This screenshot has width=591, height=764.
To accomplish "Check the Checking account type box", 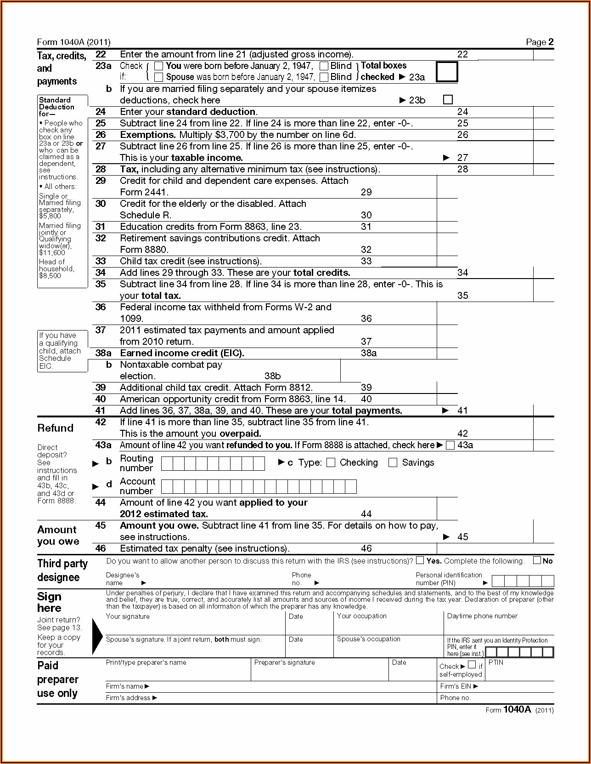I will pyautogui.click(x=331, y=462).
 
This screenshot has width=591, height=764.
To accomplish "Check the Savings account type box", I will pyautogui.click(x=393, y=462).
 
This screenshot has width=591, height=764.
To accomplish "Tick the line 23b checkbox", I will pyautogui.click(x=448, y=100).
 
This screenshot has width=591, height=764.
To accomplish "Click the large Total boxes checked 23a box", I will pyautogui.click(x=446, y=72).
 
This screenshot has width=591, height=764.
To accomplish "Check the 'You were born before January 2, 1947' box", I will pyautogui.click(x=158, y=66).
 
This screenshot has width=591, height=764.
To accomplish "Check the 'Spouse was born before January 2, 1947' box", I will pyautogui.click(x=158, y=77).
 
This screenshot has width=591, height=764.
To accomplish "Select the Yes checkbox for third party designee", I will pyautogui.click(x=420, y=560).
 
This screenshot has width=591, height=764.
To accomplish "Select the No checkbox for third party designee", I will pyautogui.click(x=537, y=560).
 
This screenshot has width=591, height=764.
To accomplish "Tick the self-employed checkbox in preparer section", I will pyautogui.click(x=472, y=665).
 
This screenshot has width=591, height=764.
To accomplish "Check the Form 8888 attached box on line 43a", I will pyautogui.click(x=450, y=445).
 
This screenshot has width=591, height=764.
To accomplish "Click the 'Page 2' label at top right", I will pyautogui.click(x=540, y=42).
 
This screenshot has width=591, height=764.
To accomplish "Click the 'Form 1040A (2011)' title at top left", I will pyautogui.click(x=74, y=42).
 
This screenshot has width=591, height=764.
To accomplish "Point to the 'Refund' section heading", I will pyautogui.click(x=56, y=428).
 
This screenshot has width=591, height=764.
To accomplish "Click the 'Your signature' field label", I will pyautogui.click(x=128, y=616).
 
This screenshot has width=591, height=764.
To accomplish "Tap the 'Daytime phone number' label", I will pyautogui.click(x=482, y=616).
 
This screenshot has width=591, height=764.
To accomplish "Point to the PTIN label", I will pyautogui.click(x=496, y=662).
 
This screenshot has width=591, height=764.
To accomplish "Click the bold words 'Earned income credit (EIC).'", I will pyautogui.click(x=182, y=353).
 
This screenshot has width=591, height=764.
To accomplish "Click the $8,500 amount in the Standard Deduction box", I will pyautogui.click(x=50, y=276).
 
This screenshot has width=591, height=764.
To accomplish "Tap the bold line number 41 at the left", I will pyautogui.click(x=101, y=411).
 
